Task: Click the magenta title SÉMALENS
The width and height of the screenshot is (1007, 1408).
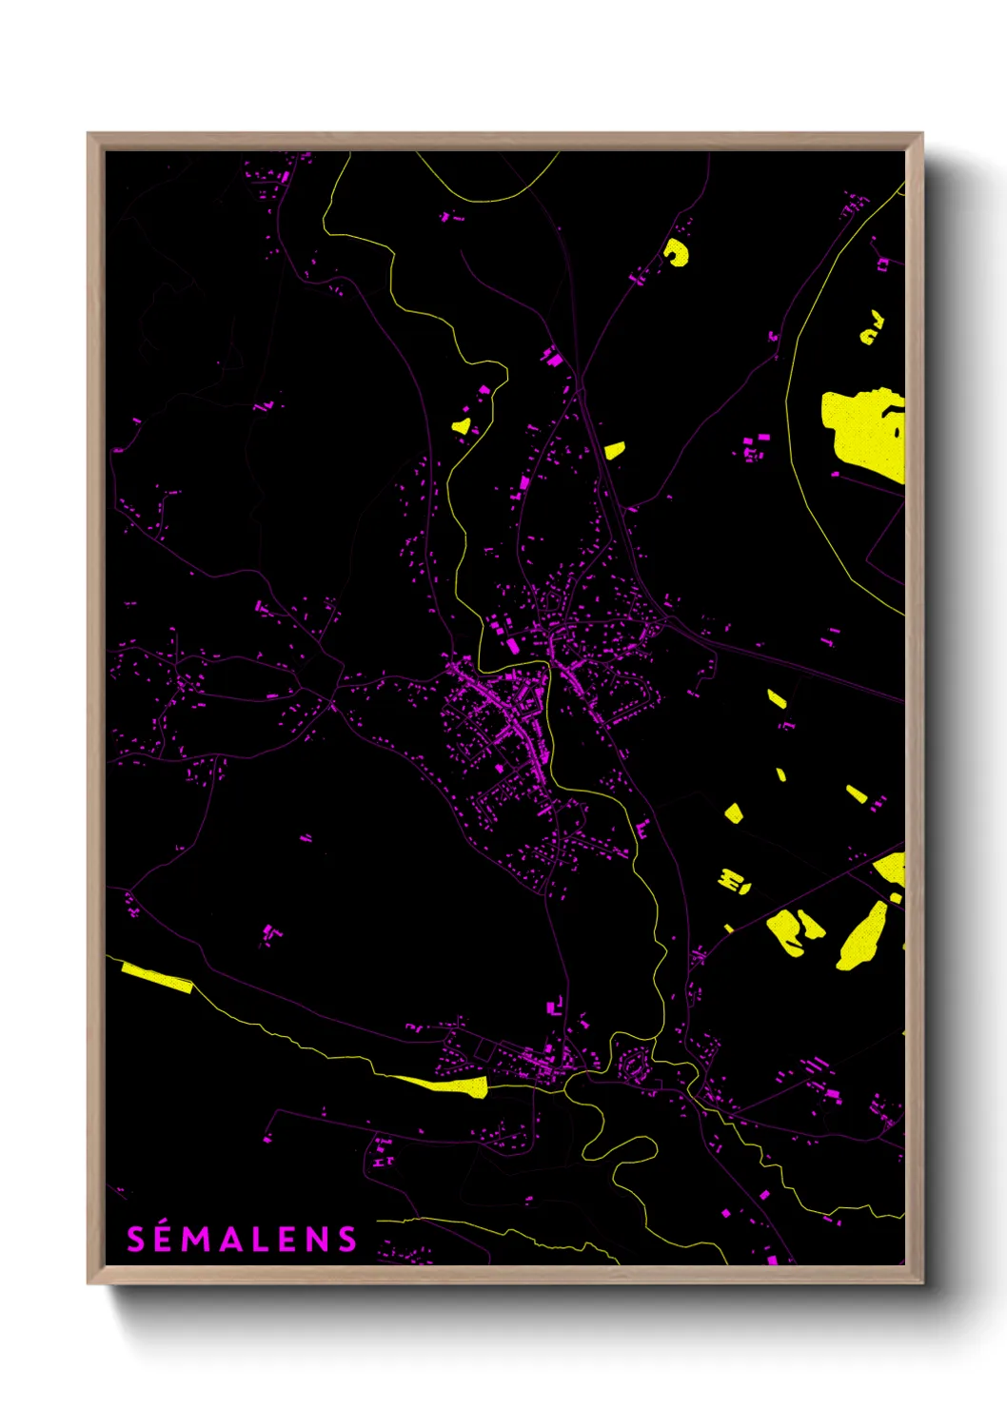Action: coord(242,1239)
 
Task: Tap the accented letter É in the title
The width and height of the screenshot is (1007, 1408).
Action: coord(163,1238)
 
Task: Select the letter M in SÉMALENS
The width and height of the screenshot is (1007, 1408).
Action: coord(194,1239)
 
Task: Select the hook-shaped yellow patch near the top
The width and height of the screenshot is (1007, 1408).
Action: coord(678,253)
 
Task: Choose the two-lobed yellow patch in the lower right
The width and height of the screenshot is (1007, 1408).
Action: coord(792,929)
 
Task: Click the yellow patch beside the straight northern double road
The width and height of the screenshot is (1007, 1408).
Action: coord(615,450)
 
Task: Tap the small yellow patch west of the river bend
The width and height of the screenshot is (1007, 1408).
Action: coord(462,426)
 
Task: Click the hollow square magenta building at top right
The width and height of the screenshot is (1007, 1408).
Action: coord(883,264)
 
